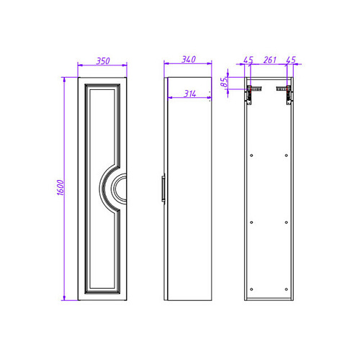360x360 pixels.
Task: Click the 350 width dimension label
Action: pyautogui.click(x=103, y=61)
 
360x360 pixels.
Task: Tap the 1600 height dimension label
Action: pyautogui.click(x=60, y=187)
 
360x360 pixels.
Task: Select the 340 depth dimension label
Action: pyautogui.click(x=189, y=59)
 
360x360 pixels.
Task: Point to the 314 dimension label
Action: pyautogui.click(x=190, y=94)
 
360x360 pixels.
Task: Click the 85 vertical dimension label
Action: pyautogui.click(x=224, y=82)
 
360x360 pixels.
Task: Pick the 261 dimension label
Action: pyautogui.click(x=270, y=60)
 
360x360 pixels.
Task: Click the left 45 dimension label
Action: pyautogui.click(x=248, y=60)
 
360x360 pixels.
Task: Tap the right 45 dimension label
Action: pyautogui.click(x=291, y=60)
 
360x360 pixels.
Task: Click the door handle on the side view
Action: pyautogui.click(x=163, y=189)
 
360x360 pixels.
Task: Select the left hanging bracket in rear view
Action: pyautogui.click(x=252, y=94)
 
